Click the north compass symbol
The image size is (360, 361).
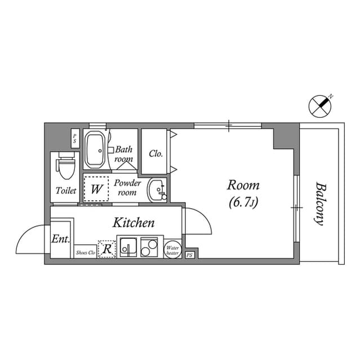pyautogui.click(x=321, y=104)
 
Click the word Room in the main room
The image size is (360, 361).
pyautogui.click(x=243, y=185)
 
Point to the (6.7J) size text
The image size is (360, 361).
pyautogui.click(x=243, y=202)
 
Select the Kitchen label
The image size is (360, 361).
pyautogui.click(x=134, y=223)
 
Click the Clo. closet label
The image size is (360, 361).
pyautogui.click(x=156, y=153)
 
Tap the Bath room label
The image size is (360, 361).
pyautogui.click(x=124, y=154)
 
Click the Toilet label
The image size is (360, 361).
pyautogui.click(x=66, y=191)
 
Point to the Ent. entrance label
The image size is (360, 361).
pyautogui.click(x=60, y=239)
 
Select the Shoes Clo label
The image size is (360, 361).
pyautogui.click(x=86, y=253)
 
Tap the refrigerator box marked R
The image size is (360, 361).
pyautogui.click(x=106, y=249)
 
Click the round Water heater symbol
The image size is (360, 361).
pyautogui.click(x=172, y=249)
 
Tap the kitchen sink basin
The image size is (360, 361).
pyautogui.click(x=128, y=248)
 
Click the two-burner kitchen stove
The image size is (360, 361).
pyautogui.click(x=150, y=248)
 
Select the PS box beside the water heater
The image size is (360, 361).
pyautogui.click(x=189, y=255)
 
